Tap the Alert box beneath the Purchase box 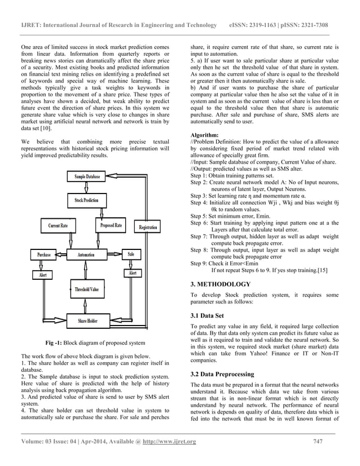click(43, 275)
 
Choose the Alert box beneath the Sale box click(133, 273)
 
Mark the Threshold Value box click(87, 290)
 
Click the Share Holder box click(87, 321)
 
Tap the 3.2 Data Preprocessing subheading click(222, 374)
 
